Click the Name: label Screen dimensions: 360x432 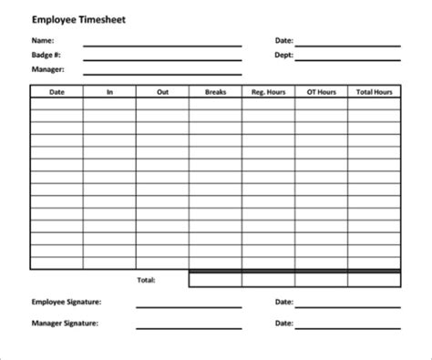[43, 41]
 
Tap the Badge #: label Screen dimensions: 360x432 [46, 56]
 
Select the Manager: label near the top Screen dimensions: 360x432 [48, 70]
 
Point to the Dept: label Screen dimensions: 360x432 [283, 56]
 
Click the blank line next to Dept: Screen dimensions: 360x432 [346, 58]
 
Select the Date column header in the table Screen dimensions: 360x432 [57, 91]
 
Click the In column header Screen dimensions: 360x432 [109, 91]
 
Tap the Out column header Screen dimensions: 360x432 [162, 91]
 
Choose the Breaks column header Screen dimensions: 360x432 [215, 91]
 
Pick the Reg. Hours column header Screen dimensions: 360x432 [268, 91]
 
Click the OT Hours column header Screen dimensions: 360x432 [321, 91]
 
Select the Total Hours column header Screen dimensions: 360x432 [374, 91]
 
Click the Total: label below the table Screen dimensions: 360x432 [146, 278]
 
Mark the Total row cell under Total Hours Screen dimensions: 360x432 [374, 279]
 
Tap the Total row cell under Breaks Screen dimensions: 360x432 [215, 279]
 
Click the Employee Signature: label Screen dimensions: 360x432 [66, 301]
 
